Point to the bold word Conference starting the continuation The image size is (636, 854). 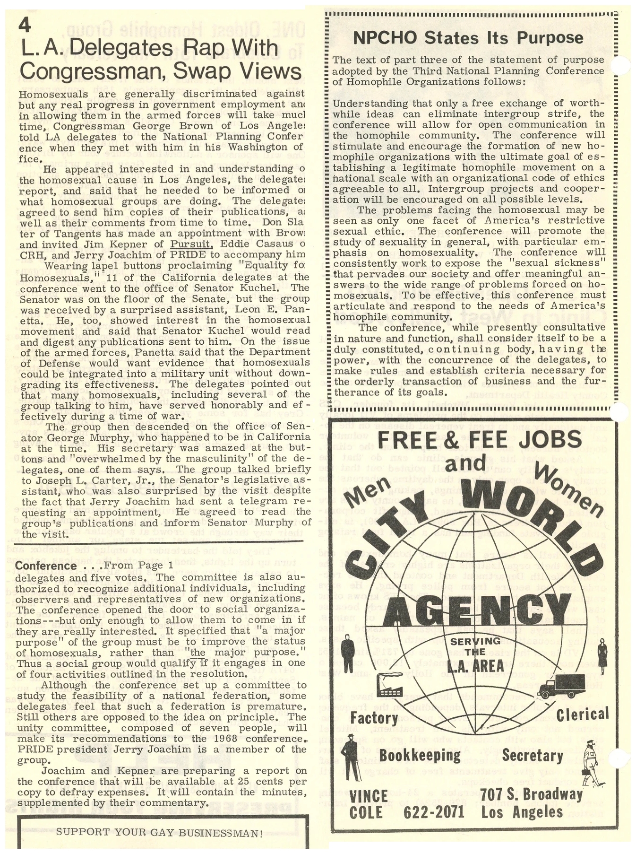point(46,566)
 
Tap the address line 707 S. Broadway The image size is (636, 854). point(532,794)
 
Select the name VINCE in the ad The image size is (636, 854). point(369,795)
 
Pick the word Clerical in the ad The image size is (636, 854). point(582,715)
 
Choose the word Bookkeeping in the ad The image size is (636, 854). point(420,755)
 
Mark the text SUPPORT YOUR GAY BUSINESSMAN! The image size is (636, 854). point(159,833)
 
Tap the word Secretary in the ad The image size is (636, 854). point(532,755)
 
